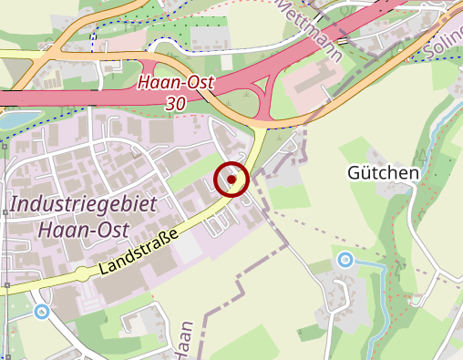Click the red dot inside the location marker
232,180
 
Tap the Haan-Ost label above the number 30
175,83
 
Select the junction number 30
176,104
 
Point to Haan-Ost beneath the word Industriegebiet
81,229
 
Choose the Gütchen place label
383,172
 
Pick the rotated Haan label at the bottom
186,341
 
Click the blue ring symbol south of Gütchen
345,260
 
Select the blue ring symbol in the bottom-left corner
41,312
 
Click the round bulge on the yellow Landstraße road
81,273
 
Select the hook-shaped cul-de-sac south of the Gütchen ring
345,291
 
